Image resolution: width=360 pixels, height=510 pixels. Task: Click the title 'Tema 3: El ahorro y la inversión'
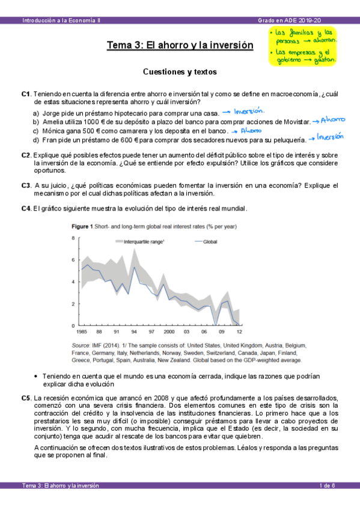[180, 45]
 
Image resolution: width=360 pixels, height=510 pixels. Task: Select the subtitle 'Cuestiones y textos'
[180, 72]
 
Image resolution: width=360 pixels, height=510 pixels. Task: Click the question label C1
[25, 94]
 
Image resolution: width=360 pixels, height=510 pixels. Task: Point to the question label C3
[25, 185]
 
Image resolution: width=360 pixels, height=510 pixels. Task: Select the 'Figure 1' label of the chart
[82, 227]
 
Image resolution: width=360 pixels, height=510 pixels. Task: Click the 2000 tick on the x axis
[169, 331]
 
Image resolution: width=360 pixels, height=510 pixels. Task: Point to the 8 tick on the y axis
[73, 239]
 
